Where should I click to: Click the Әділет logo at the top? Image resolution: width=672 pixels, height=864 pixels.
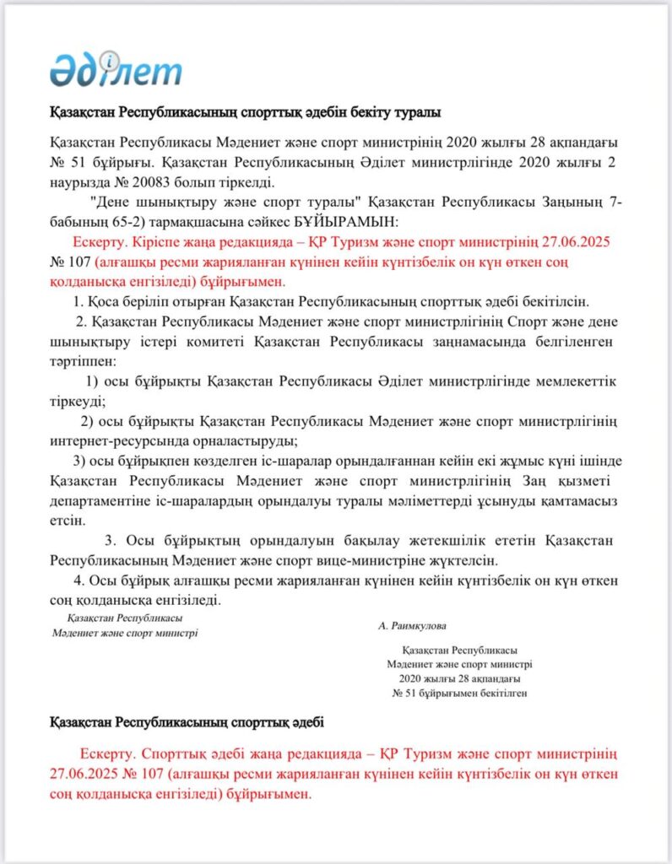pyautogui.click(x=116, y=68)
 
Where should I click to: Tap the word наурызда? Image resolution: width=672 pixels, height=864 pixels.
pyautogui.click(x=81, y=181)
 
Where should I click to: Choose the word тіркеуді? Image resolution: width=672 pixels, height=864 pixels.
pyautogui.click(x=77, y=402)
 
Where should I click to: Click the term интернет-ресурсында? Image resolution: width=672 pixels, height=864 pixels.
pyautogui.click(x=110, y=441)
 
